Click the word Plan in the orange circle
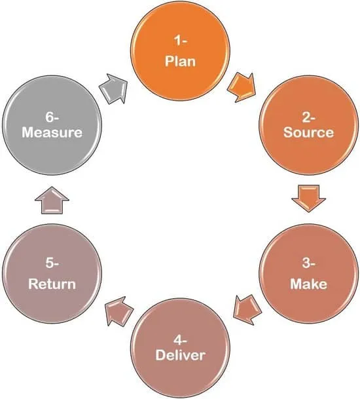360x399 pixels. point(180,62)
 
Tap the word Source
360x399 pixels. point(308,132)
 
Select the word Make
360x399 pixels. point(308,284)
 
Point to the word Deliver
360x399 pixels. point(180,355)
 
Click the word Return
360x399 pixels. point(52,284)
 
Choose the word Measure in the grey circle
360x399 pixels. point(52,132)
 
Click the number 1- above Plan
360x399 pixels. point(180,41)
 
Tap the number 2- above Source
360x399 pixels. point(308,117)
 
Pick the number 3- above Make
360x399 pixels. point(308,263)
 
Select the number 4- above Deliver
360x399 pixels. point(180,340)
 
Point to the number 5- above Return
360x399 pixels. point(52,263)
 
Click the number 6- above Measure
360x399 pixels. point(52,117)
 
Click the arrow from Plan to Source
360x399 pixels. point(242,87)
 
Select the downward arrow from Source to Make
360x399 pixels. point(308,199)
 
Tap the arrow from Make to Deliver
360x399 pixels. point(247,309)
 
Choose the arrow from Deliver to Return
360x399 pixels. point(119,311)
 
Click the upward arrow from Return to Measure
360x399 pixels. point(52,200)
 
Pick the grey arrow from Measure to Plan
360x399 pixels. point(113,89)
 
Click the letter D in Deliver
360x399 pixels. point(160,355)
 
